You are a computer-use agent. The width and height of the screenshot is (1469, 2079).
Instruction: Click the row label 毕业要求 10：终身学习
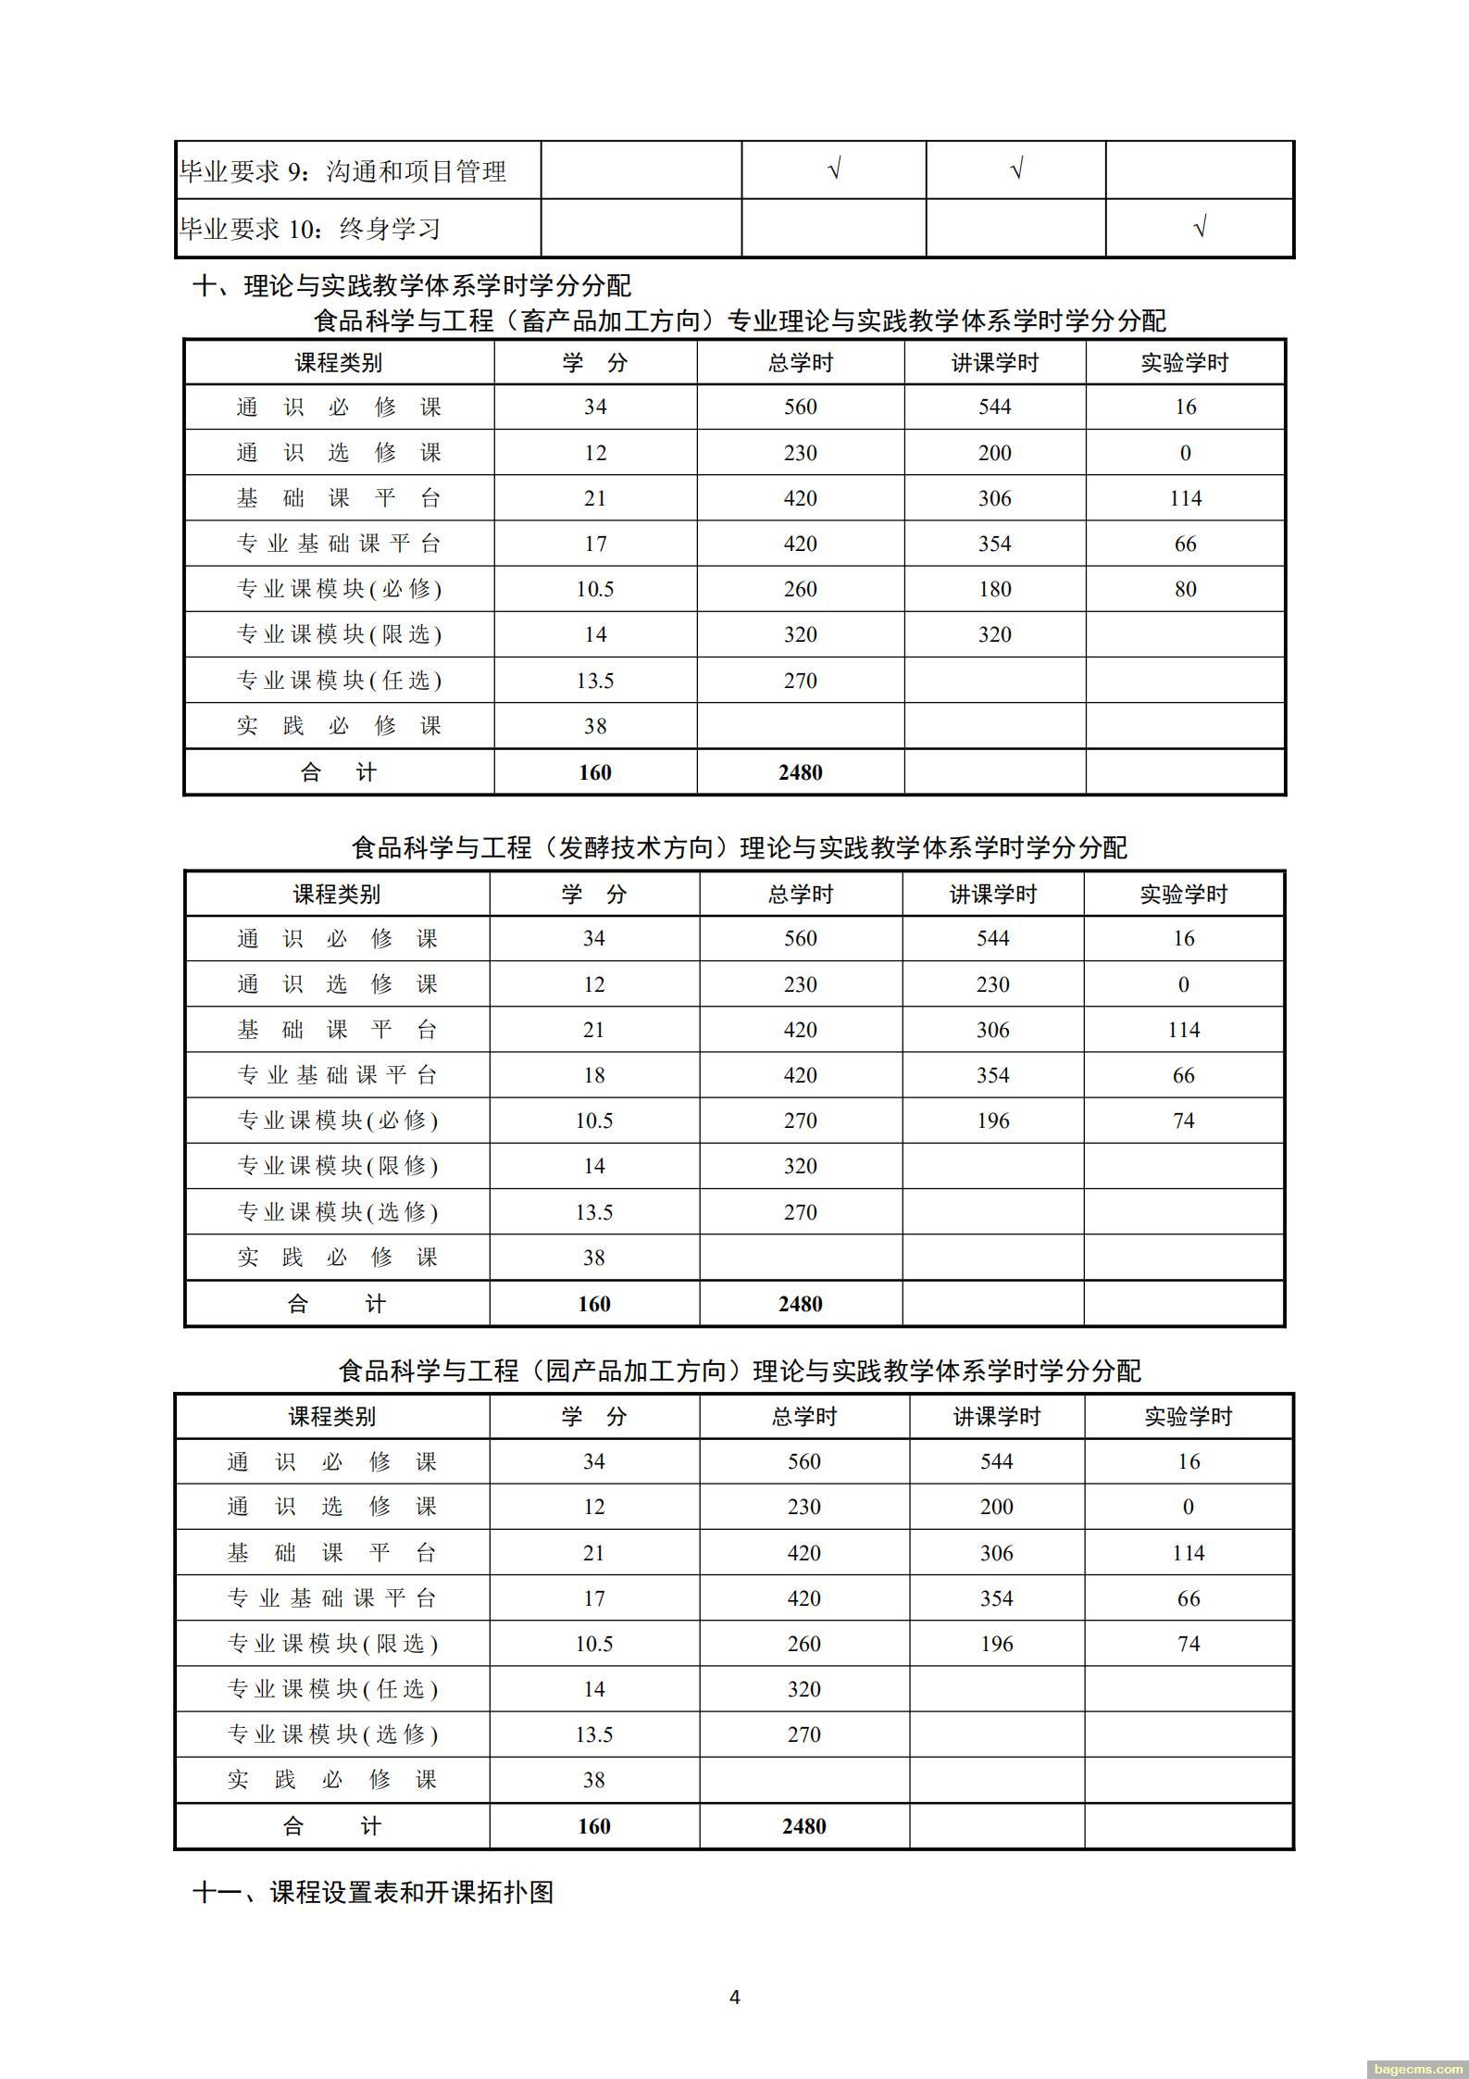(310, 229)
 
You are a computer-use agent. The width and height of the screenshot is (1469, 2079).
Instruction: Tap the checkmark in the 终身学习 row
(1200, 227)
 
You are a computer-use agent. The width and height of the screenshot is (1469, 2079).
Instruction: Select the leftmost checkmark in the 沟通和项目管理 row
(833, 169)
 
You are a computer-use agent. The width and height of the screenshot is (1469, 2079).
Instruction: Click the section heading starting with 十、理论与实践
(411, 285)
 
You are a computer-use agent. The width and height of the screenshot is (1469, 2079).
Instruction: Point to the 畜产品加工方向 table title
(739, 320)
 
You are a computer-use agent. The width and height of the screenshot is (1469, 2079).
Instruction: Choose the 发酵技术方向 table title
(739, 847)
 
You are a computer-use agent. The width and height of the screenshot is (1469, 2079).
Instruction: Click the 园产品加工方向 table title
(739, 1371)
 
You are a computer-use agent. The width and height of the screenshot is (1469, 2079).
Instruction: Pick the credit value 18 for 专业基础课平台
(593, 1075)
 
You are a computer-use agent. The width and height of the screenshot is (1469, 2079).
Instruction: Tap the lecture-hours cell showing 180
(994, 589)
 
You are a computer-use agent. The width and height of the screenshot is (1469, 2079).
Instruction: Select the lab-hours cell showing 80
(1185, 589)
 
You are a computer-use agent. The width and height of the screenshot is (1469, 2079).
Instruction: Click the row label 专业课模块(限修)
(337, 1166)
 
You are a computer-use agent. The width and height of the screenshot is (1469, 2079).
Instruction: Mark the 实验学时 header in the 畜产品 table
(1184, 363)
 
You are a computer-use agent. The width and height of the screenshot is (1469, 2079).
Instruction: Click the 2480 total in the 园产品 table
(803, 1826)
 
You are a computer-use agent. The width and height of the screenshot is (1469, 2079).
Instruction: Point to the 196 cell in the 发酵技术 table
(992, 1121)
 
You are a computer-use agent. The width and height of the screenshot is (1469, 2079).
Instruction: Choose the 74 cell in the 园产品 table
(1188, 1644)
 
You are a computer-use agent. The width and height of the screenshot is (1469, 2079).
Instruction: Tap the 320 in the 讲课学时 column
(994, 634)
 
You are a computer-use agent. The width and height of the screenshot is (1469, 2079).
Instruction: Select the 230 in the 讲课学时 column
(992, 984)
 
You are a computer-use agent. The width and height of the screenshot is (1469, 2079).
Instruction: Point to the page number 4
(735, 1997)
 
